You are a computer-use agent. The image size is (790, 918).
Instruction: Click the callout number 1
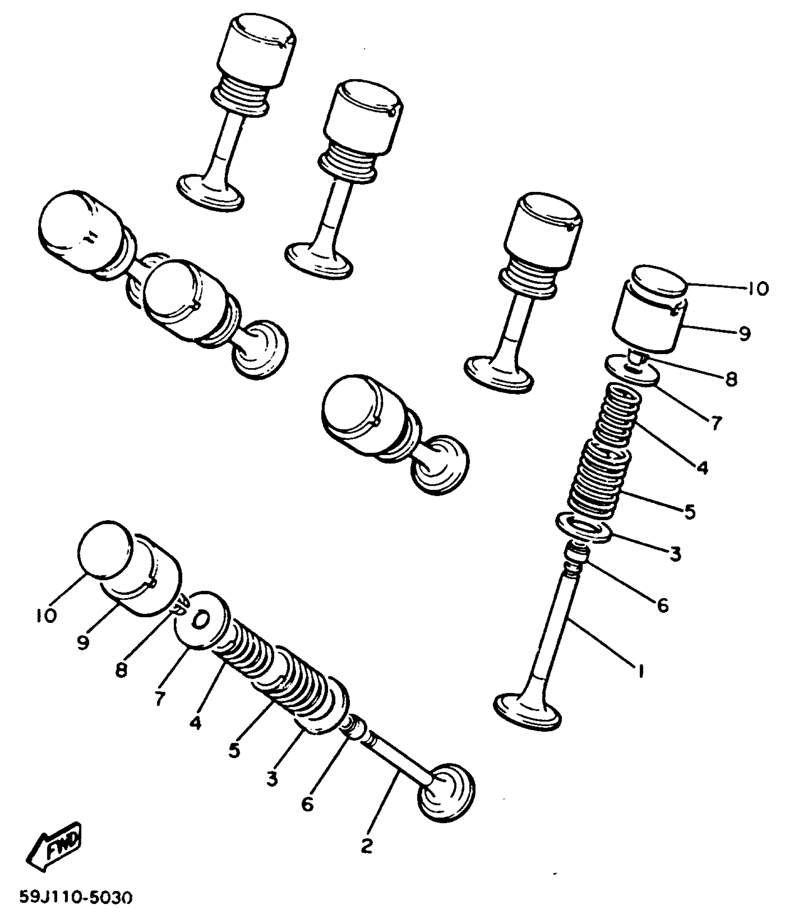click(641, 671)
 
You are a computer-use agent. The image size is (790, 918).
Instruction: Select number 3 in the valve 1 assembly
click(675, 554)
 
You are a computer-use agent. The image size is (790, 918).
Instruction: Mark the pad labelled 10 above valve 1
click(660, 281)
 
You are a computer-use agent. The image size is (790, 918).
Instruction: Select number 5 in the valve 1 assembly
click(690, 512)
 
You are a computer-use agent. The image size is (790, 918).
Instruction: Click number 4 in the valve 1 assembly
click(702, 467)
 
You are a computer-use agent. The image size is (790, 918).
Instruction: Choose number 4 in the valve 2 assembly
click(196, 723)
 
